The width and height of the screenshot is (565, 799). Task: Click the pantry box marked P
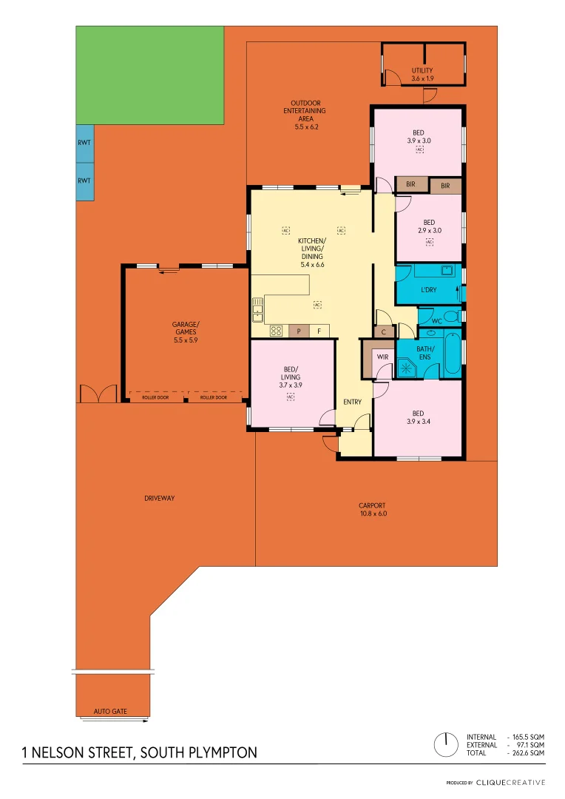(299, 331)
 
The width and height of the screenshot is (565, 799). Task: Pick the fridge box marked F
(319, 331)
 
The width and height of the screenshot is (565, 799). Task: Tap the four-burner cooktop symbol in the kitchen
(276, 331)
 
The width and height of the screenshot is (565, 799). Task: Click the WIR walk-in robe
(382, 357)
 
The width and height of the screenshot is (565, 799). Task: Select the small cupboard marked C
(383, 333)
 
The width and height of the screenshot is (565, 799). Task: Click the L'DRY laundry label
(428, 290)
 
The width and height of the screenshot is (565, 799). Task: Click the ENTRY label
(353, 402)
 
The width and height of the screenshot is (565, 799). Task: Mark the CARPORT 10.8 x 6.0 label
(373, 509)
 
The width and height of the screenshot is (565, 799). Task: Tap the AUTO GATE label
(110, 712)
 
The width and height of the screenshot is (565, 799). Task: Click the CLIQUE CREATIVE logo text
(510, 782)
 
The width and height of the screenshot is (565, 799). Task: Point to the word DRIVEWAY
(160, 499)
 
